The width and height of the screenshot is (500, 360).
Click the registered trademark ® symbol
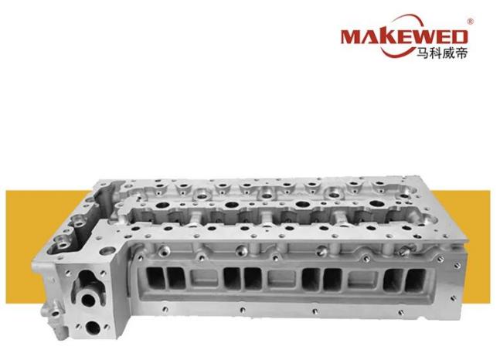click(470, 22)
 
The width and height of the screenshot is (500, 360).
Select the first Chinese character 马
click(423, 53)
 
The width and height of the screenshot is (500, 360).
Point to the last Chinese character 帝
click(461, 53)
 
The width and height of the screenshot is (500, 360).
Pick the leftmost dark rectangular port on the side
click(155, 278)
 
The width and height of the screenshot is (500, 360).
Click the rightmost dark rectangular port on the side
click(415, 280)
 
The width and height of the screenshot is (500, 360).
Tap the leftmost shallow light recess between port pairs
click(204, 278)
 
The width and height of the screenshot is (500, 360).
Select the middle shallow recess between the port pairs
click(281, 279)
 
